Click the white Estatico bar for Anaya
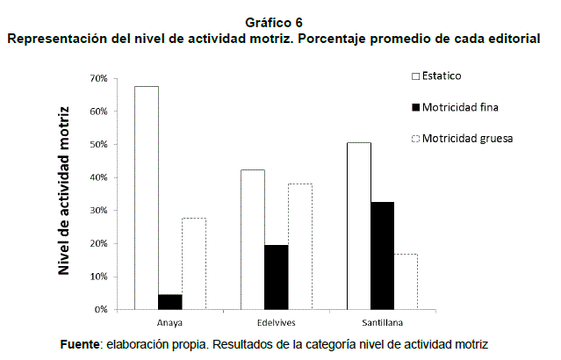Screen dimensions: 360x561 147,198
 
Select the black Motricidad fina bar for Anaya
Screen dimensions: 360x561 170,301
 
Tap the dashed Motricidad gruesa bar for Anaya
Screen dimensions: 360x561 194,263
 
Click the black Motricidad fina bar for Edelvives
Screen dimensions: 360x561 277,277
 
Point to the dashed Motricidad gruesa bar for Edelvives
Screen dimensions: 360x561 300,246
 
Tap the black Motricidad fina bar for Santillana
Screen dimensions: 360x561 383,256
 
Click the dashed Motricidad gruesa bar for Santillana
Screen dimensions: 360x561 406,281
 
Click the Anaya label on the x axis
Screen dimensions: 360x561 170,322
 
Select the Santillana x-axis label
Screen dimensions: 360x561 383,322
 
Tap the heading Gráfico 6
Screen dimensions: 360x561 280,21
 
